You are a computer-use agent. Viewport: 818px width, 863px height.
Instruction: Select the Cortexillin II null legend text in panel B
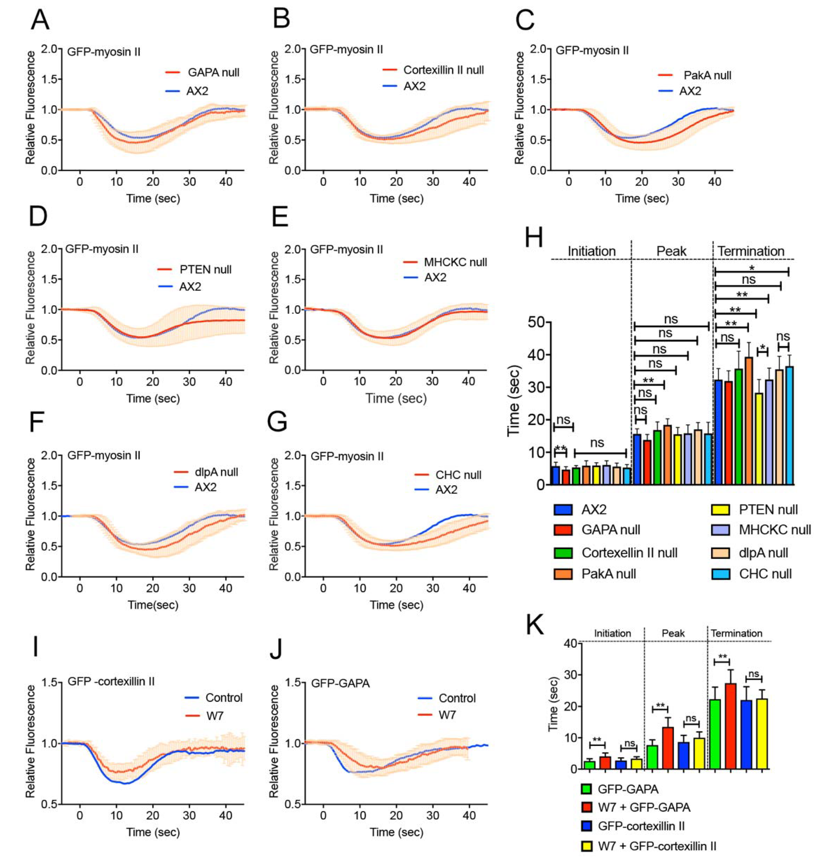tap(443, 70)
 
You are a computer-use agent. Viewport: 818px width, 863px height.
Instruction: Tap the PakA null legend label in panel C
tap(707, 75)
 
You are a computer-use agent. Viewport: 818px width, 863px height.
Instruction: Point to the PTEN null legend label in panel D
tap(205, 270)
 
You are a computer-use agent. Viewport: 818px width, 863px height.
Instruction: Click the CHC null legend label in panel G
tap(458, 475)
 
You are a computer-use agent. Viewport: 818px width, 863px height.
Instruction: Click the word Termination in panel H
tap(751, 251)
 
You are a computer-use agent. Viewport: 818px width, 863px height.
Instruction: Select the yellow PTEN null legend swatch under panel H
tap(720, 510)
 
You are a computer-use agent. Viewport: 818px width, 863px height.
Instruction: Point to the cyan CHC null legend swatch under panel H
tap(720, 574)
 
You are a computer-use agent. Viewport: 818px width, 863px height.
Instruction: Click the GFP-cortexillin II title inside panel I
tap(111, 681)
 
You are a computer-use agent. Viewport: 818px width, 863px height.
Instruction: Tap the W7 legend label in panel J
tap(447, 715)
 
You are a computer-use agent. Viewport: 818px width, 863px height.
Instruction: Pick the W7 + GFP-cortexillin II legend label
tap(657, 846)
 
